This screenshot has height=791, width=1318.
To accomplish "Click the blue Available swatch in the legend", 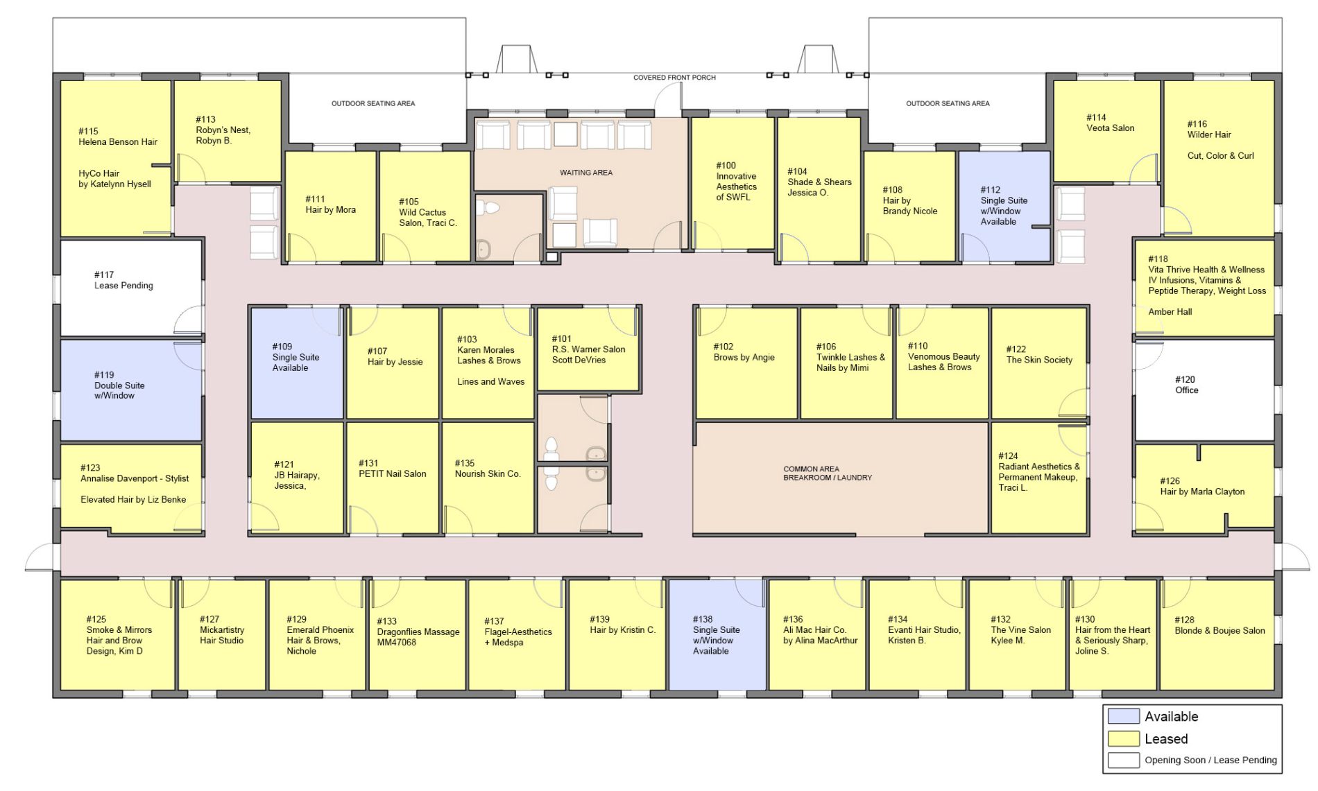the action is coord(1123,716).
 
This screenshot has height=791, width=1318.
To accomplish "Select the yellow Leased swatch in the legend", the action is coord(1123,738).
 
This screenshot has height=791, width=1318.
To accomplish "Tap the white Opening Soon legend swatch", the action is coord(1123,760).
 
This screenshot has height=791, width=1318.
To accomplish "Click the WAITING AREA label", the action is coord(586,173).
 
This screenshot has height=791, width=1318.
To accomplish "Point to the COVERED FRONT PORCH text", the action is coord(674,78).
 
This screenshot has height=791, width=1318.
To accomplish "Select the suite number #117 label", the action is coord(104,275).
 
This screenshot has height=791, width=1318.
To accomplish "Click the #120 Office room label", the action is coord(1186,385).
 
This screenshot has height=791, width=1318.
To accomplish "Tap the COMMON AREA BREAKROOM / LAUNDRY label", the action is coord(828,473).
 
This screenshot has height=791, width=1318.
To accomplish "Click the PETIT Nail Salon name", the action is coord(393,474).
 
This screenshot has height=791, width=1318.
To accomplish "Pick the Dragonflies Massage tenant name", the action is coord(418,632).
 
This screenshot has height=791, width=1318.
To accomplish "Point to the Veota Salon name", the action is coord(1111,128).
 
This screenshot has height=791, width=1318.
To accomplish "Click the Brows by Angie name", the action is coord(744,358).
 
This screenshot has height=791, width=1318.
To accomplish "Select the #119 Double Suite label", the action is coord(119,385).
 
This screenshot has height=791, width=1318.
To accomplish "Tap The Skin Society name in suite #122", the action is coord(1039,360).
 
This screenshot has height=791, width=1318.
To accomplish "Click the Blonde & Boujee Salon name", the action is coord(1220,631).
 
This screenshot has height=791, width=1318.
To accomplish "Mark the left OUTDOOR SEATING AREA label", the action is coord(373,104).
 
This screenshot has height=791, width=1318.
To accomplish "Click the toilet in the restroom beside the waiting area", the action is coord(492,207).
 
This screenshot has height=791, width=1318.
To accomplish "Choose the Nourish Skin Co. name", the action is coord(488,474).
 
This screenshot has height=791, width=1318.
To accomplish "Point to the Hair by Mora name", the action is coord(331,210).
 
